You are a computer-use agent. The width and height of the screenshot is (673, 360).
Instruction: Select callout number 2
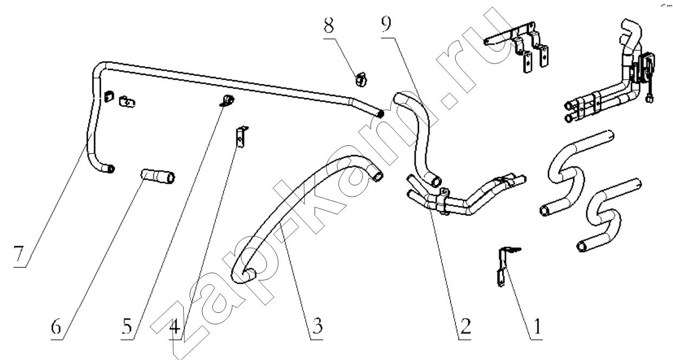(x=465, y=326)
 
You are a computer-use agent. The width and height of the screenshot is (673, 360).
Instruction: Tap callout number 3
(x=318, y=326)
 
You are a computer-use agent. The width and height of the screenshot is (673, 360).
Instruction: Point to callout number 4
(x=175, y=326)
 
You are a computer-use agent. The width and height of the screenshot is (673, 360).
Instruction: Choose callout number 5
(x=127, y=326)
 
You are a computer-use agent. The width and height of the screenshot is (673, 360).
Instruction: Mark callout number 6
(x=56, y=326)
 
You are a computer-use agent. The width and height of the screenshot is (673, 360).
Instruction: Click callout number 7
(x=18, y=254)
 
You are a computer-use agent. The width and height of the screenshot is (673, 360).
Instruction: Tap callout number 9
(x=386, y=24)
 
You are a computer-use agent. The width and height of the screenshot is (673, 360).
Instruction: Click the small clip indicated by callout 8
(x=361, y=80)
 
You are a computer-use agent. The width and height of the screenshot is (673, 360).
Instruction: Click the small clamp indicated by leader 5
(x=228, y=100)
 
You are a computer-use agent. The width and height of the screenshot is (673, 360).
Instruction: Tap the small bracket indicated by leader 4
(x=241, y=137)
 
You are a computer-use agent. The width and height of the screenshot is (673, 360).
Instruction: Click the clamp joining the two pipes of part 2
(x=443, y=201)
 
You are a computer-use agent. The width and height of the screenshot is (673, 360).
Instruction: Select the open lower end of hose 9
(x=436, y=181)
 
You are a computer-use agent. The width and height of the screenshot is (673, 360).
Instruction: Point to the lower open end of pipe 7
(x=111, y=169)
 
